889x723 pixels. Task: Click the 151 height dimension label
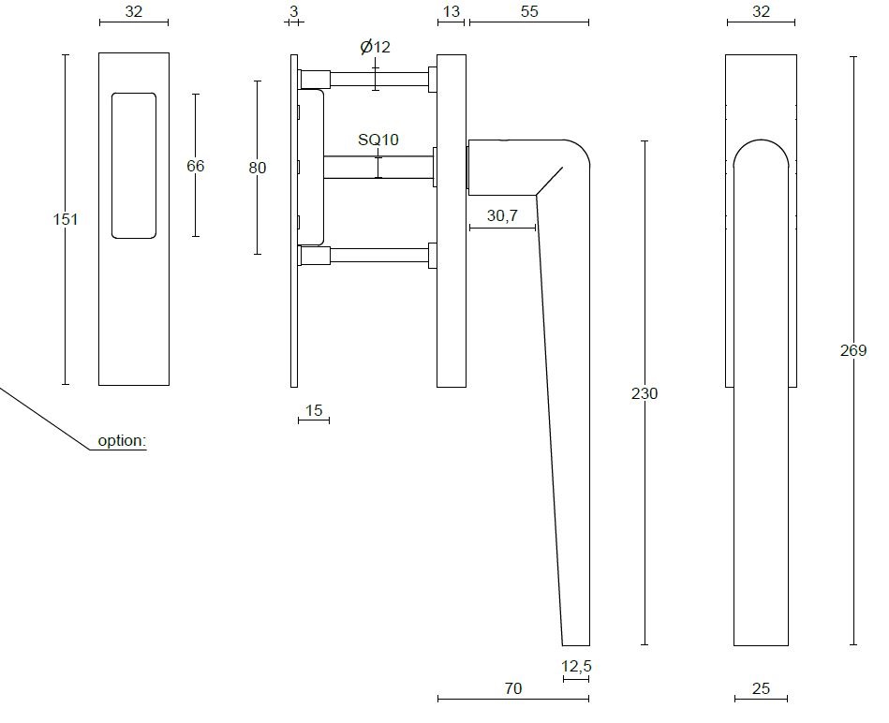(x=66, y=219)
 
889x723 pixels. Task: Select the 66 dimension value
(x=195, y=166)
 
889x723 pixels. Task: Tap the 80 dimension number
(x=257, y=168)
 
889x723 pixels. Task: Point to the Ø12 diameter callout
(x=375, y=47)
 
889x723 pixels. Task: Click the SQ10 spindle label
(x=378, y=140)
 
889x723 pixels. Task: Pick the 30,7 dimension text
(x=502, y=215)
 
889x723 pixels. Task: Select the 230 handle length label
(x=645, y=393)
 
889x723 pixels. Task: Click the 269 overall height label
(x=853, y=350)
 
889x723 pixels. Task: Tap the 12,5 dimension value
(x=576, y=666)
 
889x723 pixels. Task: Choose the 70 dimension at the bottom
(x=512, y=688)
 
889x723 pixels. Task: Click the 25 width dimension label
(x=761, y=688)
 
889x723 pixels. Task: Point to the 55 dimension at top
(x=528, y=11)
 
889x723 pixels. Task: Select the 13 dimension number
(x=451, y=11)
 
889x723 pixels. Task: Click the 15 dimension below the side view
(x=313, y=410)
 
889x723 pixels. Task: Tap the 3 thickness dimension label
(x=293, y=11)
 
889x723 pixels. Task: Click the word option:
(x=123, y=440)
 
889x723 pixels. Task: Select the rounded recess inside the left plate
(x=133, y=165)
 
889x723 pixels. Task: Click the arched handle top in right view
(x=761, y=155)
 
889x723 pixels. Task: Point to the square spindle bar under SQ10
(x=378, y=167)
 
